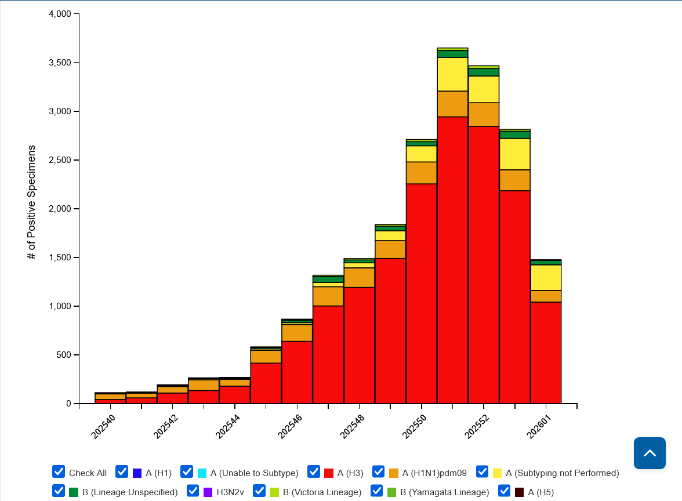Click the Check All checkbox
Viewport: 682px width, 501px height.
[59, 471]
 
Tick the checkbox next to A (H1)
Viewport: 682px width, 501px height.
[122, 471]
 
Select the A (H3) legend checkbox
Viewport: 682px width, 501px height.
[314, 471]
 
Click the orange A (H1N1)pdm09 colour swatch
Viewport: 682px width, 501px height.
[394, 473]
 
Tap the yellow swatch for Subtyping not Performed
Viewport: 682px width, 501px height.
[498, 473]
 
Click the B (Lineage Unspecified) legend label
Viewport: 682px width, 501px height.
[130, 492]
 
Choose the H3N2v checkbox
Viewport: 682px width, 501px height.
[193, 491]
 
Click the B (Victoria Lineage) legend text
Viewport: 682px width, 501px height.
[322, 492]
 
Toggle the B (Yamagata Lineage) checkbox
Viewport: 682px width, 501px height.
[377, 491]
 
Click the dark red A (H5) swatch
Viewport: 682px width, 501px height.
[520, 492]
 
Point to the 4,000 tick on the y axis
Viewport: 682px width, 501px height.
[59, 14]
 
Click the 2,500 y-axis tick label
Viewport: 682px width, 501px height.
[59, 160]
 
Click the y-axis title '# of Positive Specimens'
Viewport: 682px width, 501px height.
[31, 202]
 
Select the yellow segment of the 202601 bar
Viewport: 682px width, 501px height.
[546, 277]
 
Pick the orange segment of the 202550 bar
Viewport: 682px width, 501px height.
[422, 173]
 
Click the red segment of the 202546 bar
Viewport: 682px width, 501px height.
[297, 372]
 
